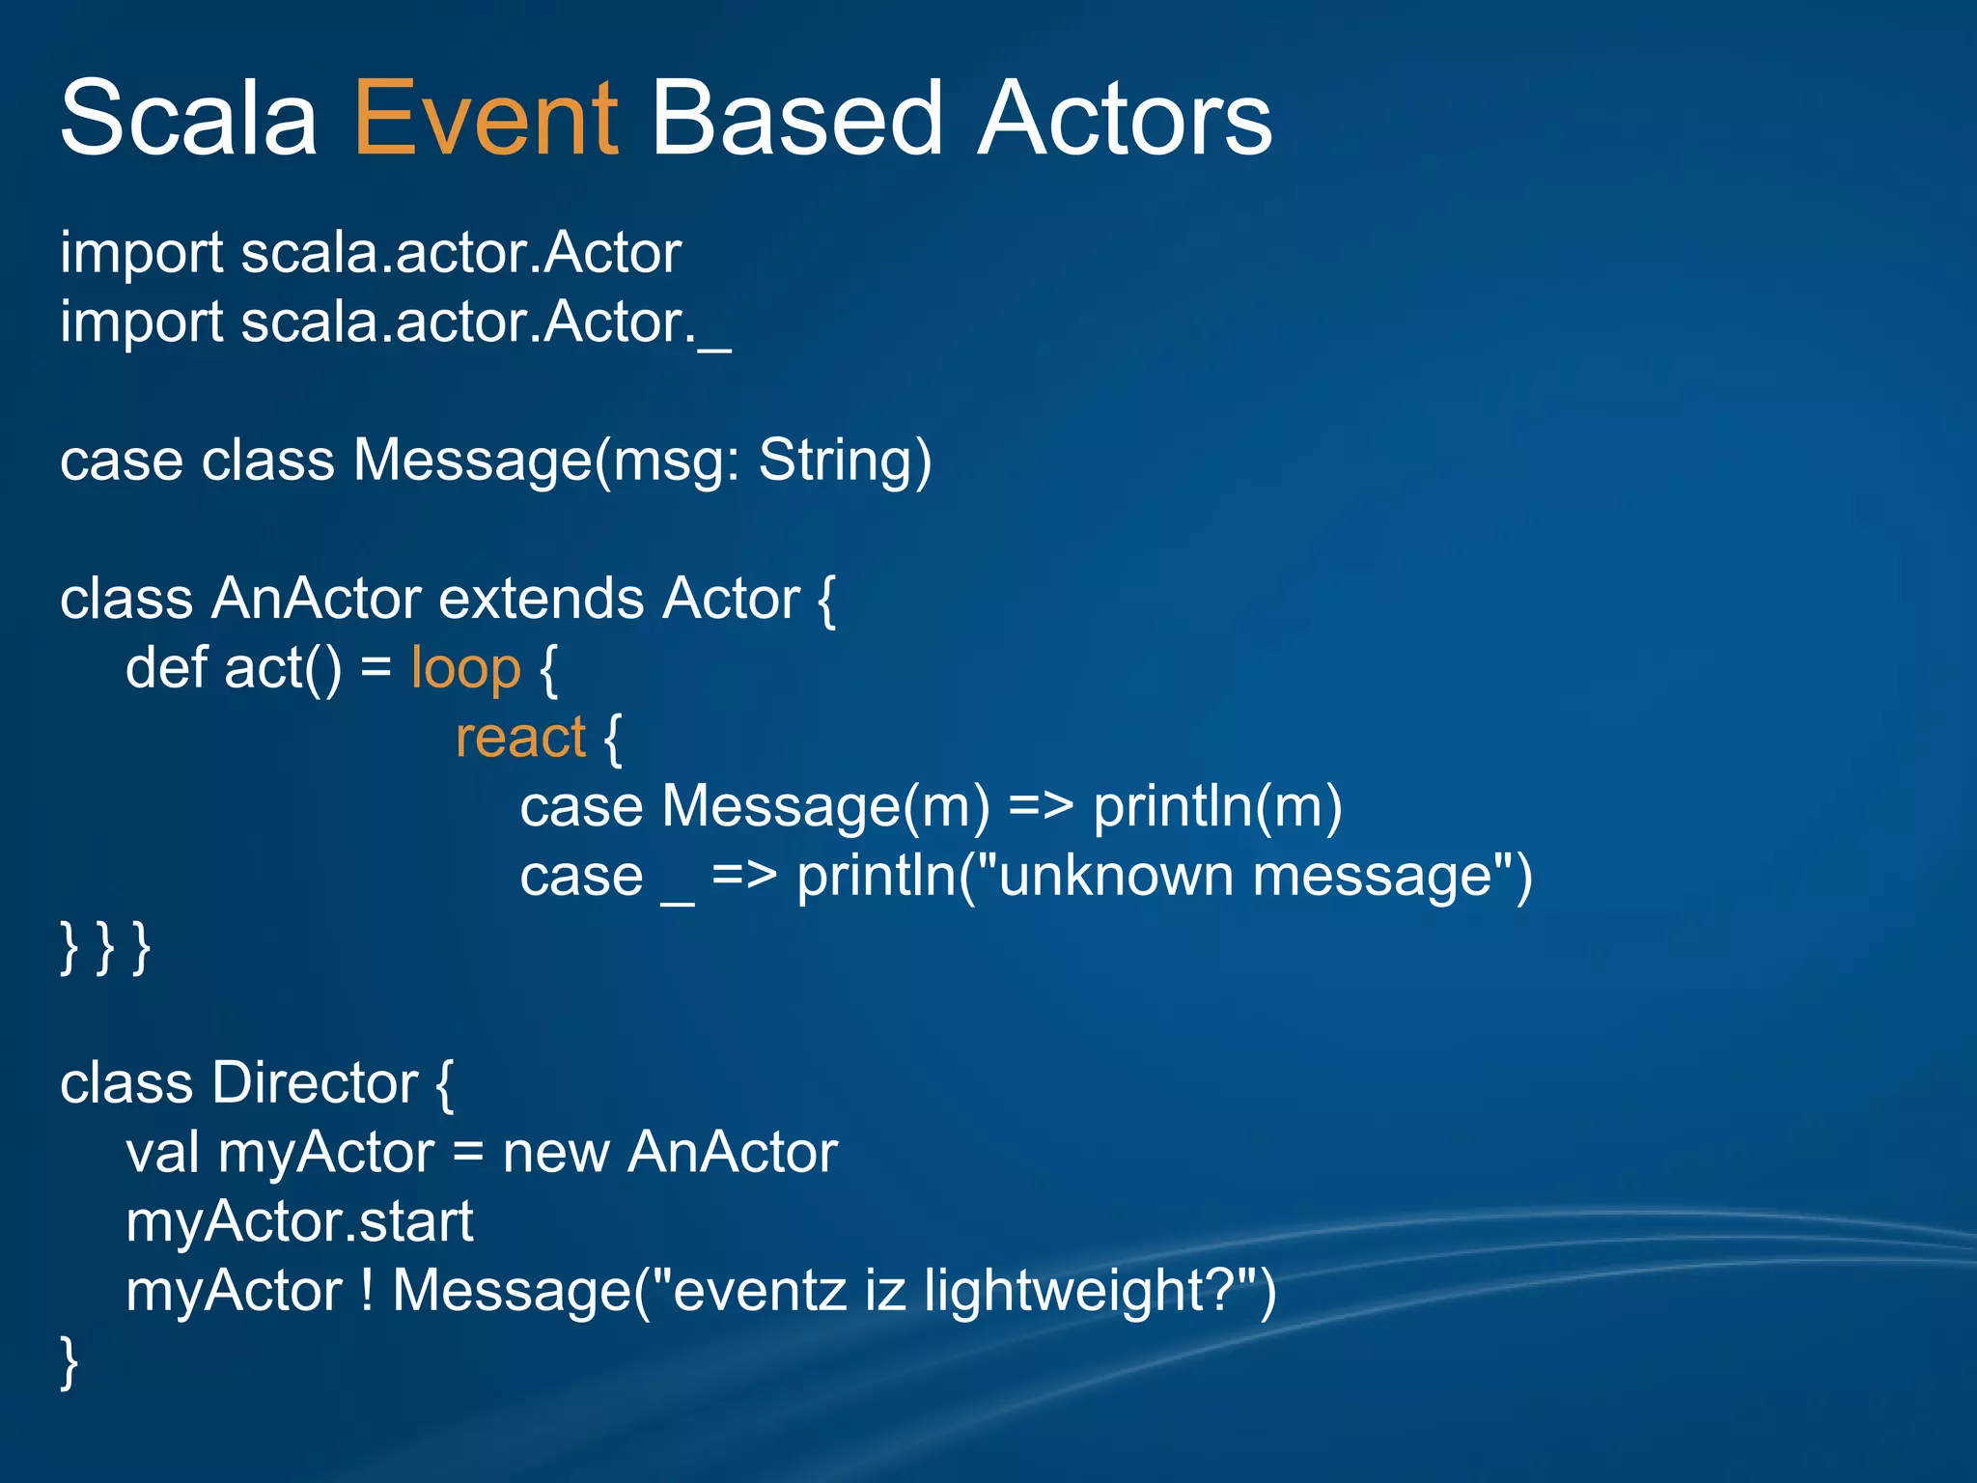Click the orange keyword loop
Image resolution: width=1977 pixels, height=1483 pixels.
pos(465,668)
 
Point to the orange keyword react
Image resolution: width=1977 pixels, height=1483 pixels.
pos(520,738)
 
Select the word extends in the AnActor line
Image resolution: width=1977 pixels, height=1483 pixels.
pos(541,599)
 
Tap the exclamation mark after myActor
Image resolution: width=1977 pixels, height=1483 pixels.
pos(367,1291)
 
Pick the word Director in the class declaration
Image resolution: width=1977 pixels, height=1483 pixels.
pos(315,1083)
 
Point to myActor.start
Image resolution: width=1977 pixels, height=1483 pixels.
pos(299,1222)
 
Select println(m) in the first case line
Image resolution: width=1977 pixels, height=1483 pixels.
pos(1216,807)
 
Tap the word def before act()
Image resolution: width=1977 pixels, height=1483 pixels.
pos(166,668)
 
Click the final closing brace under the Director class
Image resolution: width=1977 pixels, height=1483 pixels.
pos(69,1361)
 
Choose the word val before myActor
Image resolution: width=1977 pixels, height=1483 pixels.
pos(162,1153)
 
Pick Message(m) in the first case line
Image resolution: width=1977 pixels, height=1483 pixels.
pos(825,807)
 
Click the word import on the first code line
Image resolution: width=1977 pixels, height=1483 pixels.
pos(142,254)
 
